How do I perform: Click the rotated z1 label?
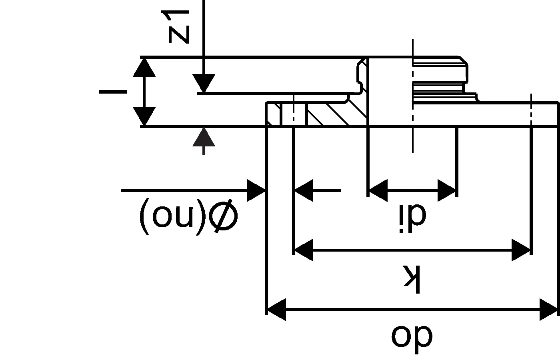(x=178, y=27)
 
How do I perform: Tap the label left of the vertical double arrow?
(x=113, y=92)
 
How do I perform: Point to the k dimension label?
(x=412, y=278)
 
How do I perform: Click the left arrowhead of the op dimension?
(x=276, y=309)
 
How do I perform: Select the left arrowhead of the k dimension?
(x=303, y=250)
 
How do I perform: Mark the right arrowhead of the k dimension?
(x=522, y=250)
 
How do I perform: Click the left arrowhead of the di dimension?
(x=377, y=190)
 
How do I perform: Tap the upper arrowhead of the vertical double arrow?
(x=144, y=67)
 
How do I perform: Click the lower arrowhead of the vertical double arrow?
(x=144, y=116)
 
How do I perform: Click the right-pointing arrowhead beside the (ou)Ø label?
(x=256, y=190)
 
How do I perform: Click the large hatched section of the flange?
(x=336, y=114)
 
